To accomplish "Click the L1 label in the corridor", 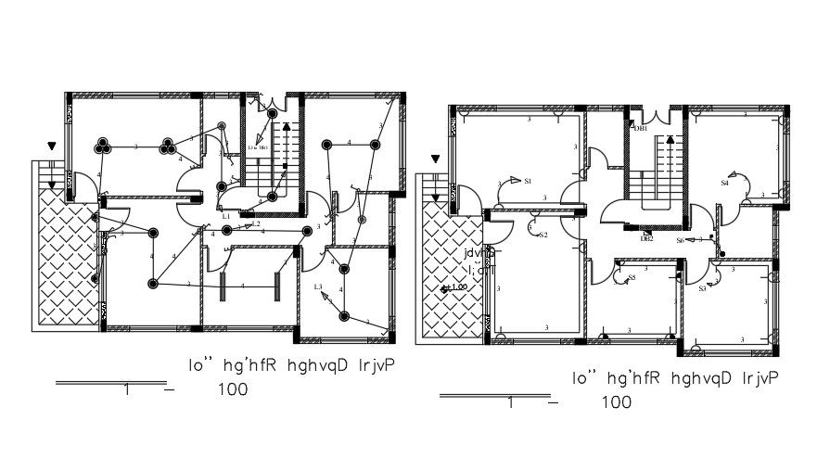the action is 226,216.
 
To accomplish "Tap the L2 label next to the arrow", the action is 255,223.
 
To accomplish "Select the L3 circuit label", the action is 317,286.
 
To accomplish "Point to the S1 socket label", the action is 527,182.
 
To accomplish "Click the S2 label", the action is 543,235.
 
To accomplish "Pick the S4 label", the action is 725,184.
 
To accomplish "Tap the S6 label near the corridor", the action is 680,240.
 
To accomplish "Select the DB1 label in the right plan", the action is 640,129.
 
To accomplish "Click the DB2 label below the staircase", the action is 647,238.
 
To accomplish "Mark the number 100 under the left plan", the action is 233,390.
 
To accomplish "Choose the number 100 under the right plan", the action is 616,402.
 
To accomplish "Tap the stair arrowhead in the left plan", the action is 287,124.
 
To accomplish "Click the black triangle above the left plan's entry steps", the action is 52,146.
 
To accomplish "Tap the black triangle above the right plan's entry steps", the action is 432,159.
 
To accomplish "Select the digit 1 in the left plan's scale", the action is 126,390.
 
